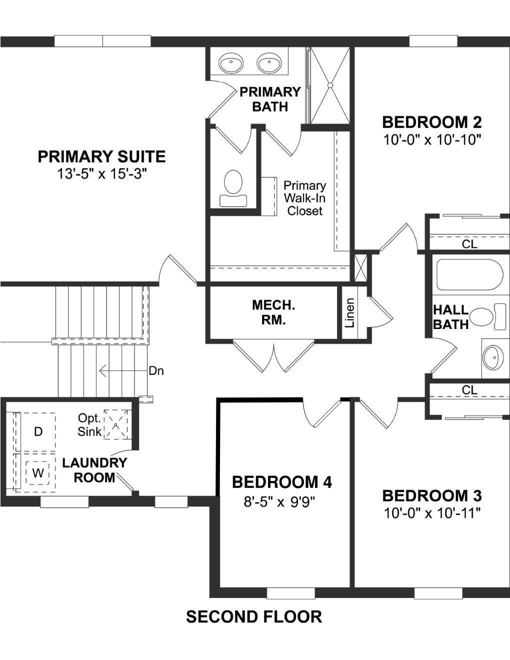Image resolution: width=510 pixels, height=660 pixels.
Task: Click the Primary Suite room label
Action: pyautogui.click(x=101, y=157)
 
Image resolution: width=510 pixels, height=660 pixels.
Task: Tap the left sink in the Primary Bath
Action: pyautogui.click(x=231, y=64)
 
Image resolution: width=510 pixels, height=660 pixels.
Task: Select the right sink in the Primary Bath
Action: pyautogui.click(x=269, y=64)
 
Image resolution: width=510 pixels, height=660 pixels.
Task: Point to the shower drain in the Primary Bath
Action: pyautogui.click(x=330, y=85)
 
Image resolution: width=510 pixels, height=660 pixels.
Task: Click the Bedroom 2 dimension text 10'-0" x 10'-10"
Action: pyautogui.click(x=432, y=139)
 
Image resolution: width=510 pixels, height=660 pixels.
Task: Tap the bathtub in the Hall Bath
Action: pyautogui.click(x=469, y=274)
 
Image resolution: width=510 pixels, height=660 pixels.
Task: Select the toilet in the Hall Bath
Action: pyautogui.click(x=487, y=316)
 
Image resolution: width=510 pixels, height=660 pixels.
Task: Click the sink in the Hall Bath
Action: pyautogui.click(x=492, y=358)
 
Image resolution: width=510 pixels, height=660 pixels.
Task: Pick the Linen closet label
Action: pyautogui.click(x=350, y=313)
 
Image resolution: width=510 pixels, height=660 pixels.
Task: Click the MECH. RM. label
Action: pyautogui.click(x=273, y=312)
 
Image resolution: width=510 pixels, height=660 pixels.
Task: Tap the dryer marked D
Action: pyautogui.click(x=38, y=431)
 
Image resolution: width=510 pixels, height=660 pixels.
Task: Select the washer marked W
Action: pyautogui.click(x=38, y=472)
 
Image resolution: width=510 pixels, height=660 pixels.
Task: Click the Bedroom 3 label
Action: pyautogui.click(x=432, y=495)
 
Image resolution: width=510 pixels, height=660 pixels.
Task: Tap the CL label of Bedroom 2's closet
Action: pyautogui.click(x=469, y=244)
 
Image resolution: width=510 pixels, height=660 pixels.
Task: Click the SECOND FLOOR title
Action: pyautogui.click(x=254, y=617)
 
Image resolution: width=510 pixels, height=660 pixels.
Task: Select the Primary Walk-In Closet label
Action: pyautogui.click(x=304, y=198)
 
